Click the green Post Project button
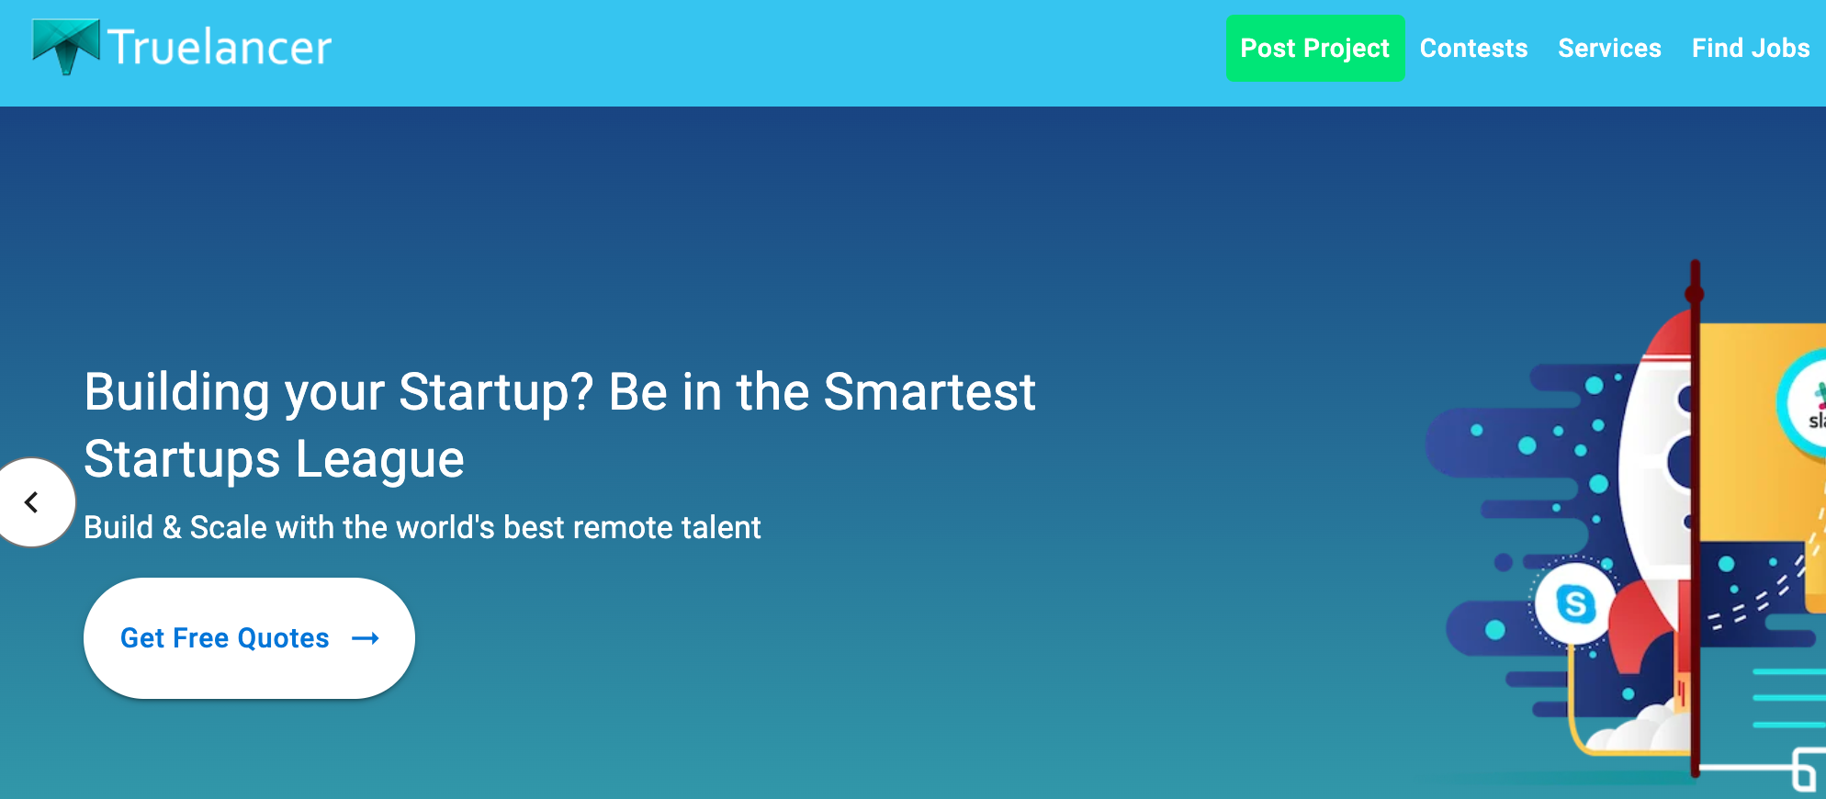1315,48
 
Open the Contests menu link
1473,48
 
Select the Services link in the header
1609,48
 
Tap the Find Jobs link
1751,48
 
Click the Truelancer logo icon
66,45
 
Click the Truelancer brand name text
220,47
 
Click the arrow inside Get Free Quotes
366,638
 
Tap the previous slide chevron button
33,502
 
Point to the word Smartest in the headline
930,392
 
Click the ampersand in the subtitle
172,528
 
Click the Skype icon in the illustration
1575,603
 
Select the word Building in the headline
179,393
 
